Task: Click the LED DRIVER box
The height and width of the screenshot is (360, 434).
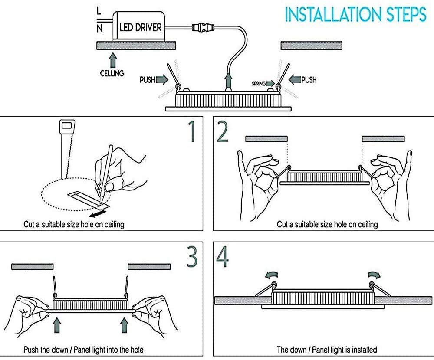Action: click(140, 27)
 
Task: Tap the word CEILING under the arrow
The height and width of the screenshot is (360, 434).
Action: click(112, 73)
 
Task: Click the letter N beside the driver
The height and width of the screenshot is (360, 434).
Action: click(99, 29)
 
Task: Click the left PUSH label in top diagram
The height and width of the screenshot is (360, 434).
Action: click(147, 80)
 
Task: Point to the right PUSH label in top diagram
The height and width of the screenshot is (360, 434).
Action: click(309, 80)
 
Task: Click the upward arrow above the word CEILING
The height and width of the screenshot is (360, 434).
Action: click(112, 59)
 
